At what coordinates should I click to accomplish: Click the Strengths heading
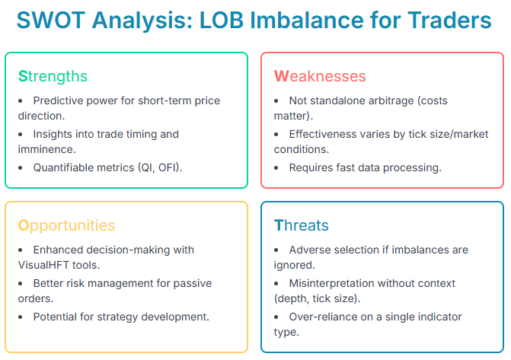tap(53, 76)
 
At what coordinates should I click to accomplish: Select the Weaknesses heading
tap(320, 76)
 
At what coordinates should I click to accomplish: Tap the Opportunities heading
tap(66, 225)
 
